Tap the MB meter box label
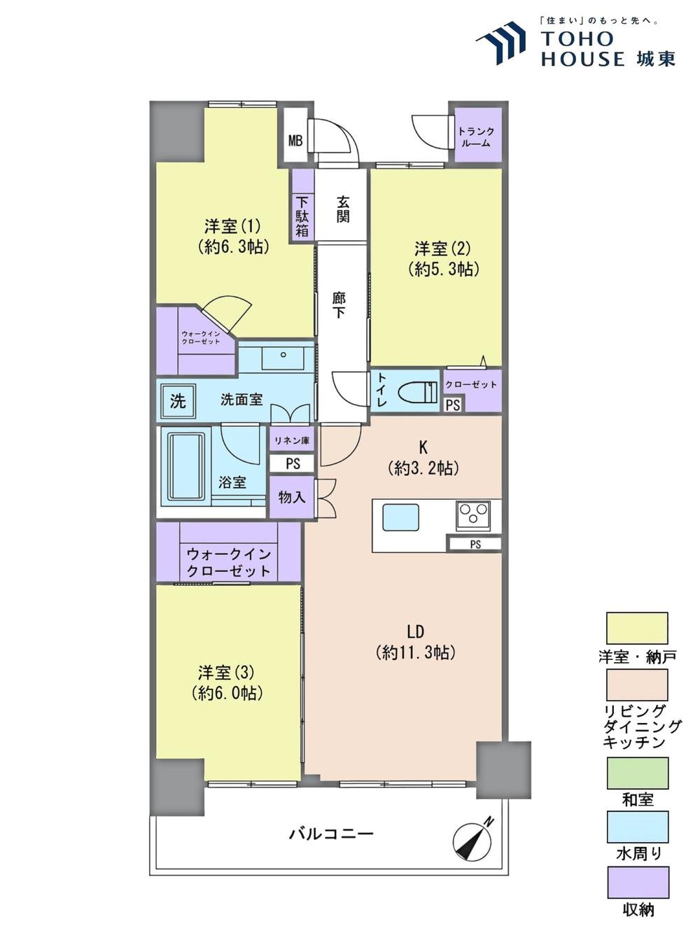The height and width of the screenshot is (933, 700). pyautogui.click(x=295, y=140)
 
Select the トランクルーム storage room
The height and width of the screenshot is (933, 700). pyautogui.click(x=478, y=135)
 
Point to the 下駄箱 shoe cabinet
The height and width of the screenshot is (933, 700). pyautogui.click(x=302, y=205)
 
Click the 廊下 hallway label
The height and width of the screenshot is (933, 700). pyautogui.click(x=339, y=304)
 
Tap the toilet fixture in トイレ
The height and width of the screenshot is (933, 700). pyautogui.click(x=419, y=391)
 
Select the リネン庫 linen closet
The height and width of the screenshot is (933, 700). pyautogui.click(x=292, y=440)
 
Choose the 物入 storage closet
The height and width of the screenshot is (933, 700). pyautogui.click(x=292, y=497)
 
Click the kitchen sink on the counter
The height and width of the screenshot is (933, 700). pyautogui.click(x=400, y=517)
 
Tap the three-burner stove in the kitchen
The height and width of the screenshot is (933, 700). pyautogui.click(x=472, y=515)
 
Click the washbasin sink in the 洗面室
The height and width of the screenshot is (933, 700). pyautogui.click(x=283, y=358)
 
